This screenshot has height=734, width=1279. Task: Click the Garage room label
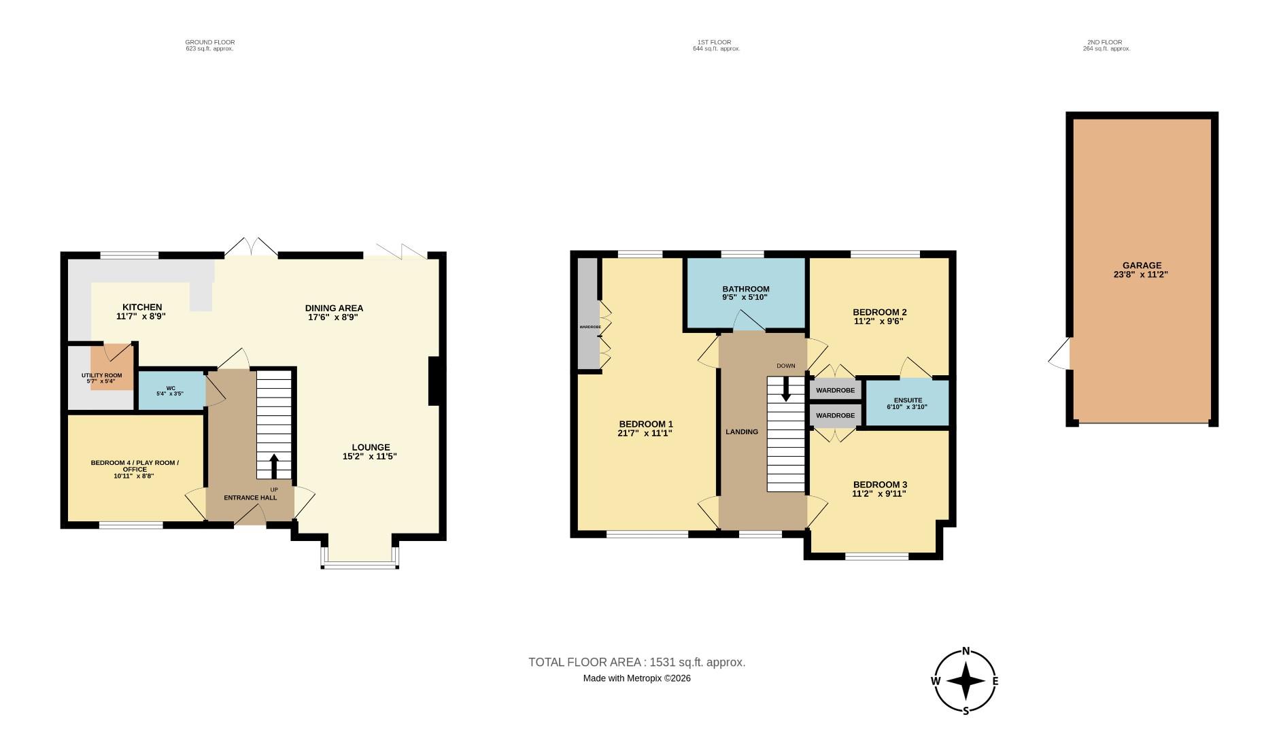(1142, 266)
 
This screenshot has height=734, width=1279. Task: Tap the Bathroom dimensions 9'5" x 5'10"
(746, 298)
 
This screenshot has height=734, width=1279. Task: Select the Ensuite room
(906, 403)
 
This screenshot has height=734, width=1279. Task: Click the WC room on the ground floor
(171, 391)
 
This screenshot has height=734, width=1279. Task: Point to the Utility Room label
(101, 375)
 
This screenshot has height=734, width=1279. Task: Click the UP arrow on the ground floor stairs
(274, 466)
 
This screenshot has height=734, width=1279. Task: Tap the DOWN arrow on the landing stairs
(786, 389)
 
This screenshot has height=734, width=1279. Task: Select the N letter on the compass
(966, 650)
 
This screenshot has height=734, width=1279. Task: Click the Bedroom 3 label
(879, 485)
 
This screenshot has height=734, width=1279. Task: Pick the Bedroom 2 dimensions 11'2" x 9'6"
(879, 321)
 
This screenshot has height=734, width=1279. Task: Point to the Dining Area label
(334, 308)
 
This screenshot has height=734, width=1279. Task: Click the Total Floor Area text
(636, 662)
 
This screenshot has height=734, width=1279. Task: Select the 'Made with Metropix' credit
(636, 678)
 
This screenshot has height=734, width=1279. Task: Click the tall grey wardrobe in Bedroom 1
(587, 313)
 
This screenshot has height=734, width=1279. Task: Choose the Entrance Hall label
(250, 497)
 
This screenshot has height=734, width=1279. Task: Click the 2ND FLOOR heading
(1104, 42)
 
